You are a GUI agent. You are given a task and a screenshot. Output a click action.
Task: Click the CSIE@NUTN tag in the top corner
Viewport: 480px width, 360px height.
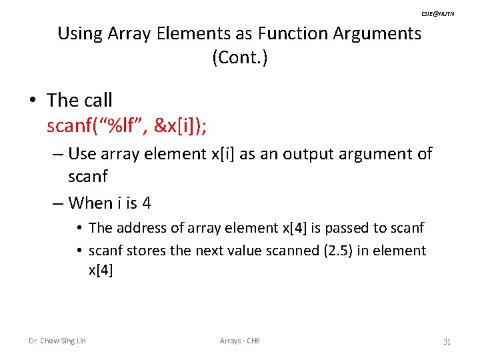coord(437,13)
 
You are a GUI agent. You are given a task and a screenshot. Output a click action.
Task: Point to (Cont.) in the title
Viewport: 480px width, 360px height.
coord(240,58)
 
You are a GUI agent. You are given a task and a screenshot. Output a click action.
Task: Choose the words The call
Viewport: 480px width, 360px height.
coord(79,100)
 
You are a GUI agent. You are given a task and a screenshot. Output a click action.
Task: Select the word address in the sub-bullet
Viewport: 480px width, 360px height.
coord(139,228)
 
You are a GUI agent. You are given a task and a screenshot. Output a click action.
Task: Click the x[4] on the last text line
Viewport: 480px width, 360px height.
coord(101,270)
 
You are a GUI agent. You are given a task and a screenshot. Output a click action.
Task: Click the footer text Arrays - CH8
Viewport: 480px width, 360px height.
coord(240,341)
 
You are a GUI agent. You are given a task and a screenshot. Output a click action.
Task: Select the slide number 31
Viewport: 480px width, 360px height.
coord(447,341)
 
